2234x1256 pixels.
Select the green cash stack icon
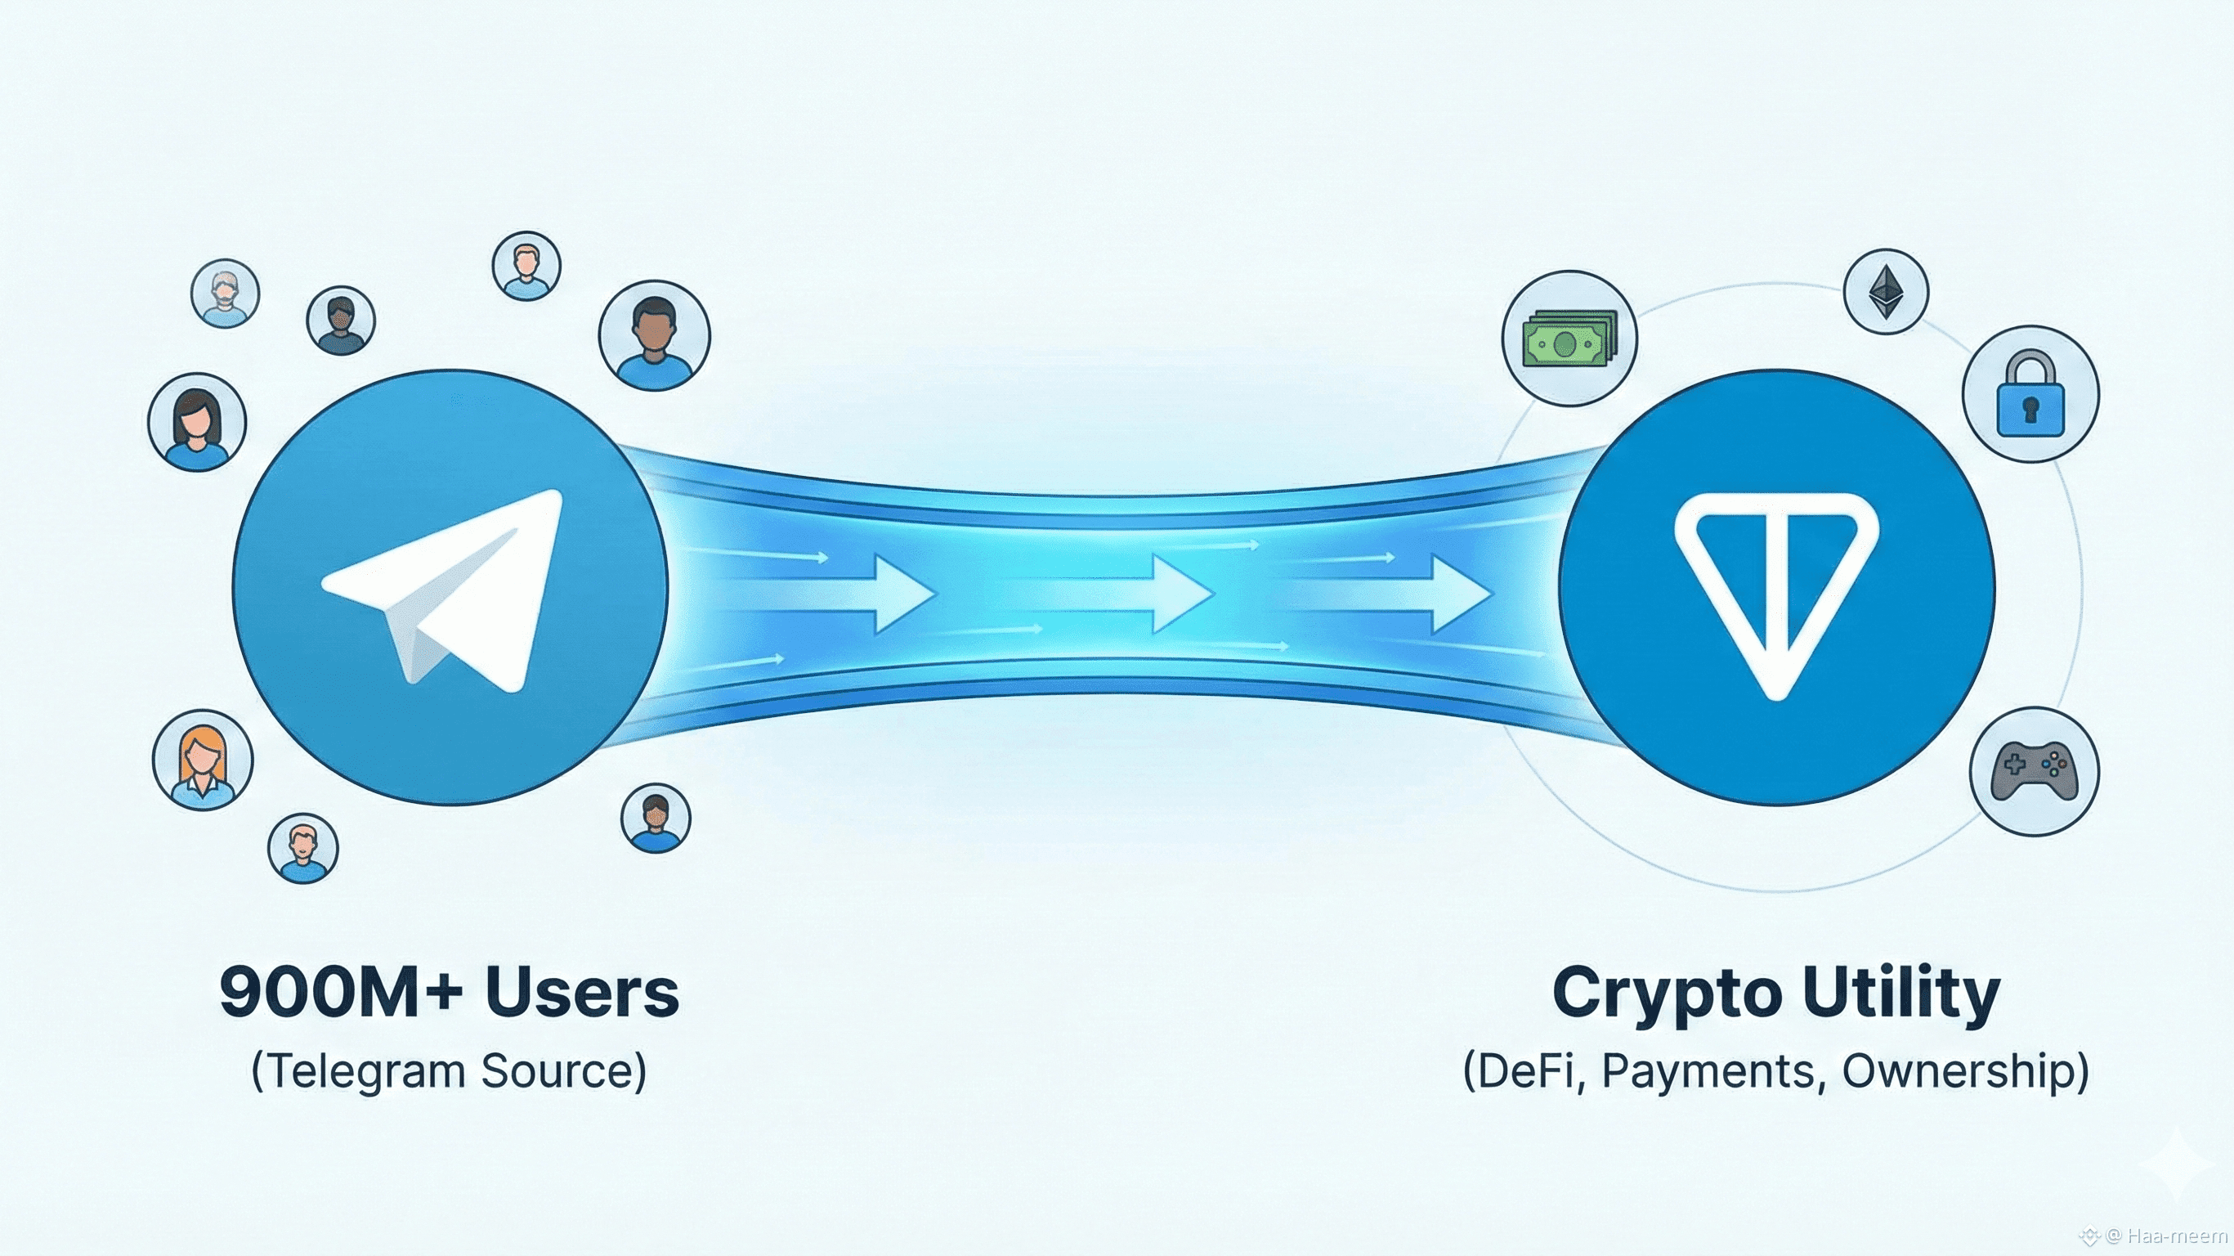pos(1569,340)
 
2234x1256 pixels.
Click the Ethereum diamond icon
pos(1885,291)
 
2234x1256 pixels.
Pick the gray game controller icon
pos(2035,770)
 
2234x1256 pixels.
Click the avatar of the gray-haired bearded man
pos(226,294)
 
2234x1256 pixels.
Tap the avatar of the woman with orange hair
pos(203,760)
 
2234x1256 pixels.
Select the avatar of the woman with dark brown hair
pos(198,424)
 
